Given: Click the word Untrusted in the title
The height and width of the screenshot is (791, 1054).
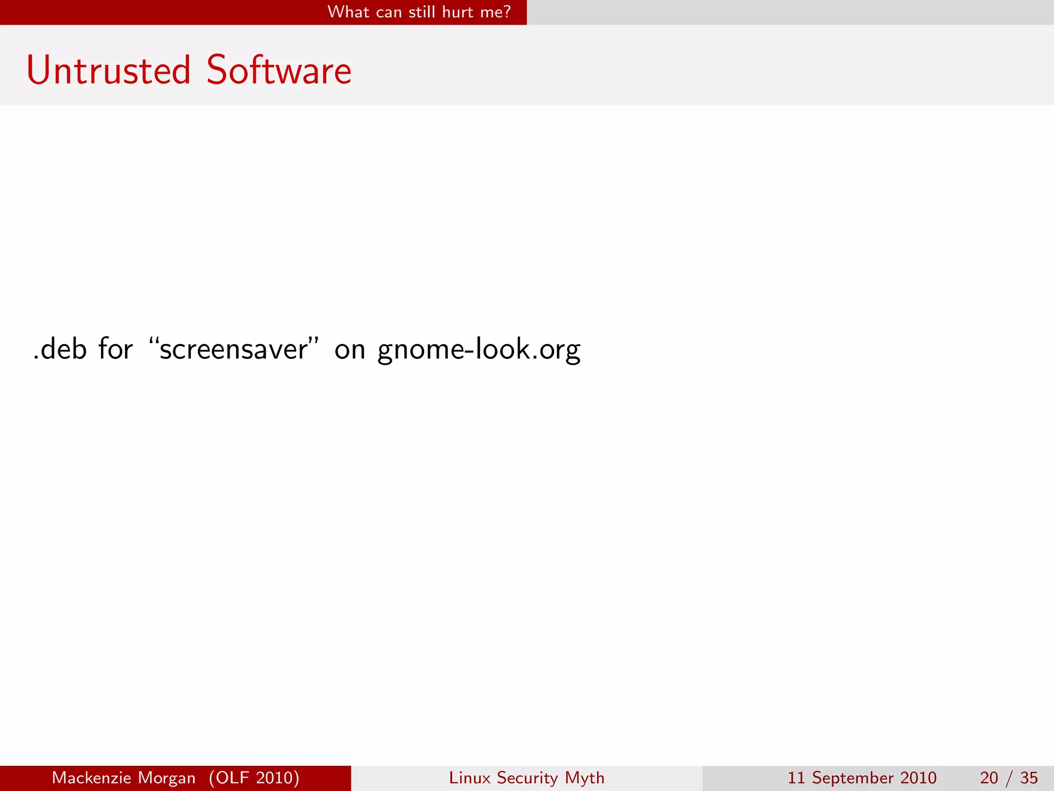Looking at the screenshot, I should (109, 71).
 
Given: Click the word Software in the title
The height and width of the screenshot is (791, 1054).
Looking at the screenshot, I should (279, 71).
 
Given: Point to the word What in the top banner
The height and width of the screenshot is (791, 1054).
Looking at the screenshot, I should (348, 12).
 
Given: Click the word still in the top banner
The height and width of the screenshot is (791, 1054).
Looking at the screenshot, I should (421, 12).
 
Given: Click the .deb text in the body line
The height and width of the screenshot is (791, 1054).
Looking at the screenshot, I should (60, 349).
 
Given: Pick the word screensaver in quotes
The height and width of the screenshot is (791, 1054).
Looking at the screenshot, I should (234, 349).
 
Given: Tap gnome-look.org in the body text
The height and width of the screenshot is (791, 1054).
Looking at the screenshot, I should (479, 350).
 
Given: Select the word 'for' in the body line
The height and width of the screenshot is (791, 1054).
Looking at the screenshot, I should (116, 349).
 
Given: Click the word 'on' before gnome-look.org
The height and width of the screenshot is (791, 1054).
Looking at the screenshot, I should (349, 350).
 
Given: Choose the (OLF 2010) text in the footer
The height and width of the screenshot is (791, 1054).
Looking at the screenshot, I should (254, 778).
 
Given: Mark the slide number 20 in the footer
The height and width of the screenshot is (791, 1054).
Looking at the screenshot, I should (989, 778).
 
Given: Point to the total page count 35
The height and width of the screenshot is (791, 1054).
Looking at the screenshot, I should (1029, 778).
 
